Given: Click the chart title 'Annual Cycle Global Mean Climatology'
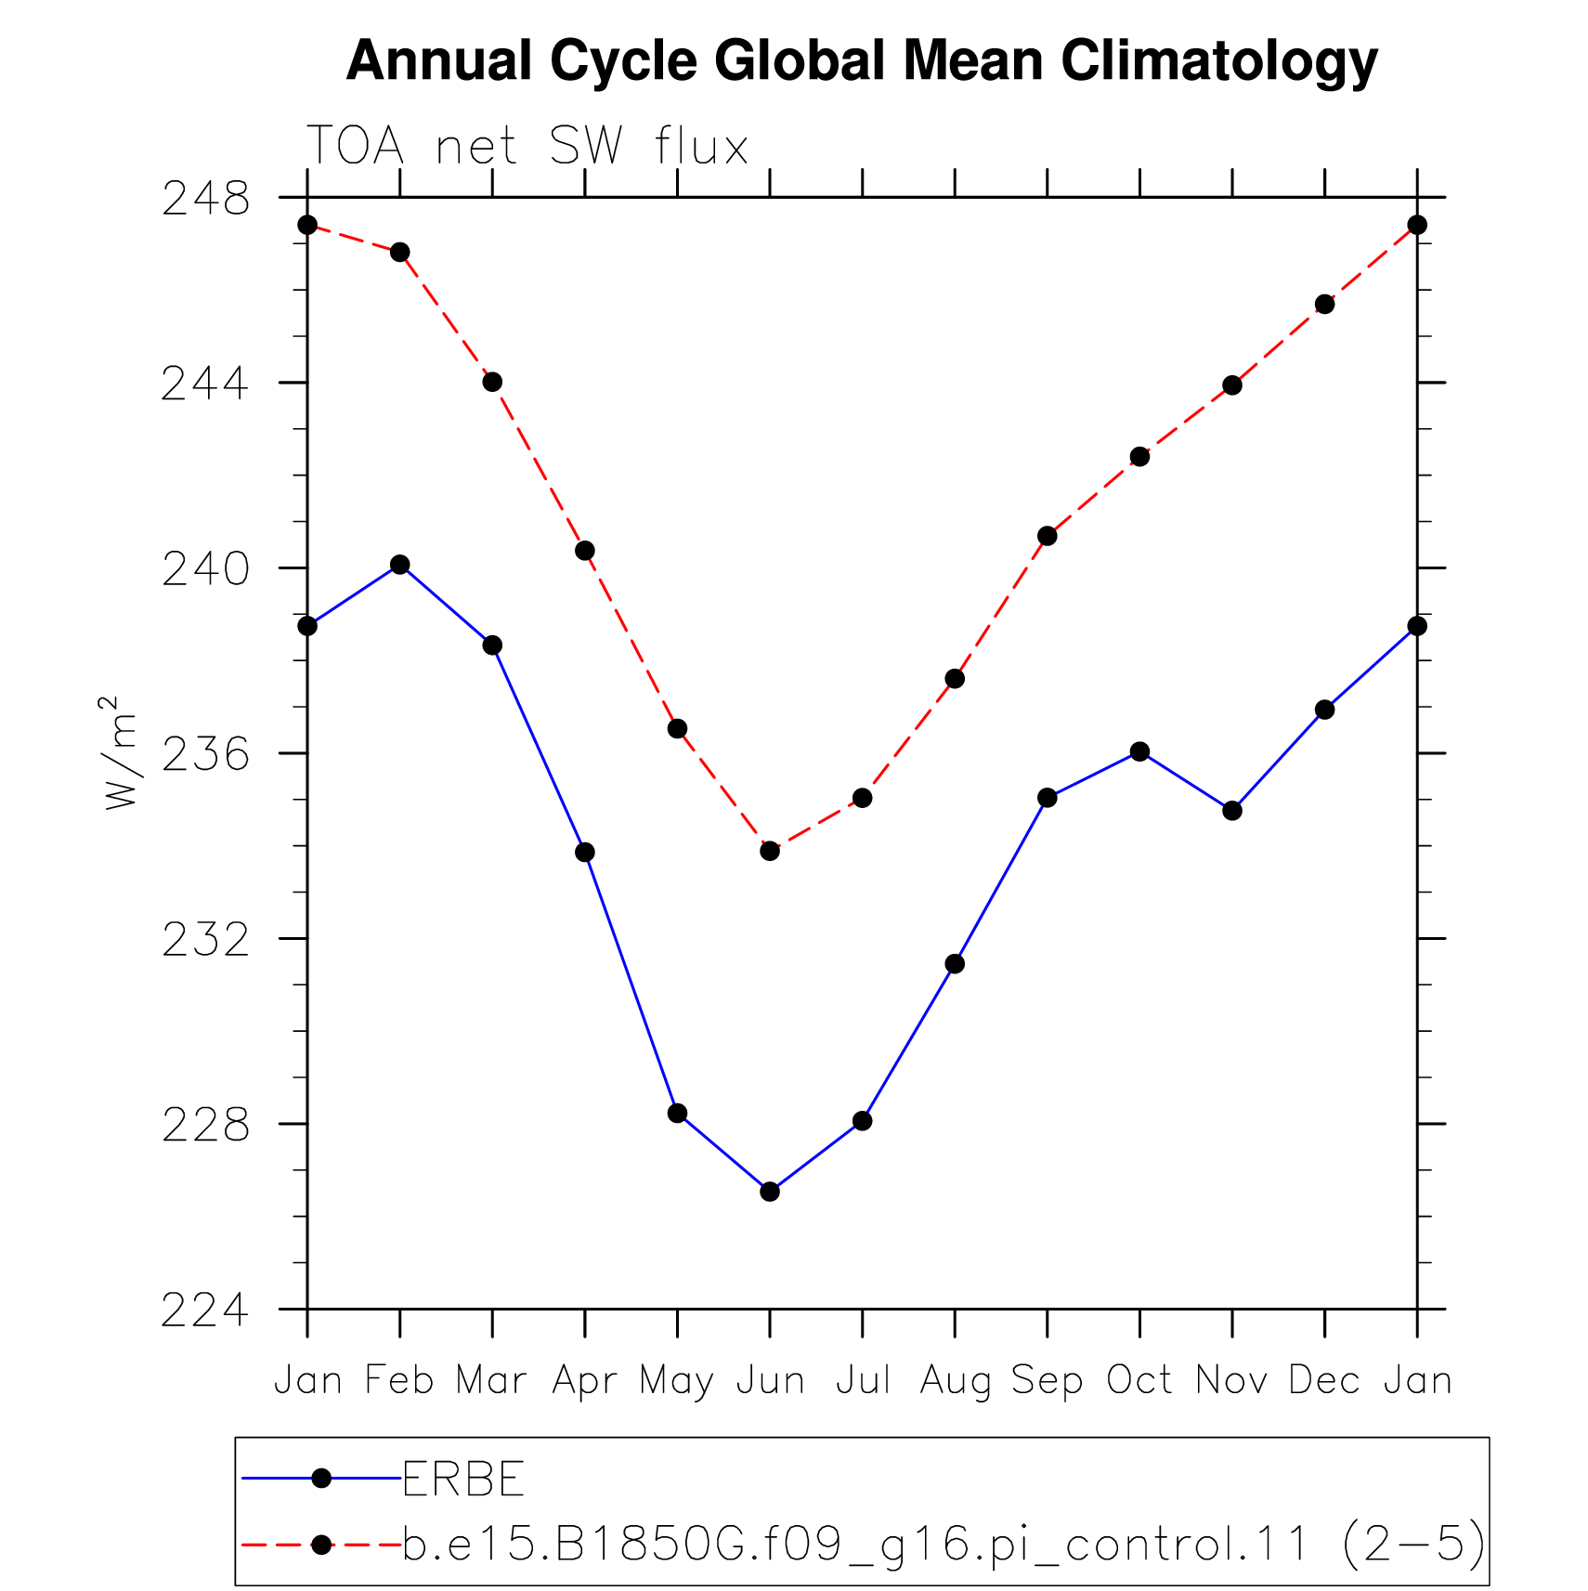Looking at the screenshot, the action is coord(861,61).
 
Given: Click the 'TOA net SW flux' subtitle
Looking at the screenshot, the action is coord(527,146).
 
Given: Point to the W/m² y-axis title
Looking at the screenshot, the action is coord(121,752).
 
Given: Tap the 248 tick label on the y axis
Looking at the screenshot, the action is coord(206,199).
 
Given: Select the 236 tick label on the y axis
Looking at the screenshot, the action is coord(206,754).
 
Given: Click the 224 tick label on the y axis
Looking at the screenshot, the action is coord(206,1310).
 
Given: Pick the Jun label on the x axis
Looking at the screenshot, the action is coord(770,1380).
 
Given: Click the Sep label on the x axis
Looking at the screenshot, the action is coord(1048,1381).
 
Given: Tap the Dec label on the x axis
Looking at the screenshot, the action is coord(1324,1380).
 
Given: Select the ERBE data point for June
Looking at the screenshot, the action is coord(770,1192).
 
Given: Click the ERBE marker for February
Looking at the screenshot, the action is coord(400,565).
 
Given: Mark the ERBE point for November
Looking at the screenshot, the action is coord(1232,811).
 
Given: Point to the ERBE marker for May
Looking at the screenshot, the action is coord(678,1113).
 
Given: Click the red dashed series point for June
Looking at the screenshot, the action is coord(770,851).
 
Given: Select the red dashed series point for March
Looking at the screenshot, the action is coord(492,382).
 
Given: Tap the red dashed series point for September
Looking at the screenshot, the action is coord(1048,536).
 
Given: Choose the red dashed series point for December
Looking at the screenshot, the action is coord(1324,305).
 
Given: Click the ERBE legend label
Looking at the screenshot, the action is coord(463,1479).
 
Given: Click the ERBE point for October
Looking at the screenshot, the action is coord(1139,751).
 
